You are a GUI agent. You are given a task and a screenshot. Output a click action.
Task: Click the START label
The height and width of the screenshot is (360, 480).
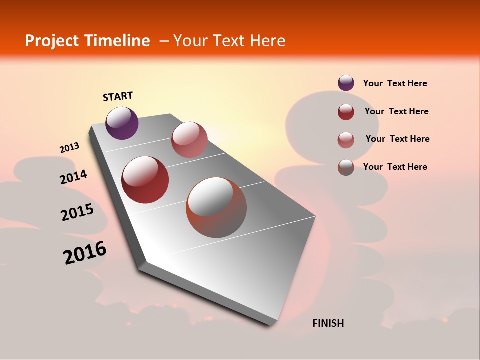coord(118,96)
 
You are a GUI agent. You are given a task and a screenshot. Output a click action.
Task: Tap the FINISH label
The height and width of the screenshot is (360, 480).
coord(328,323)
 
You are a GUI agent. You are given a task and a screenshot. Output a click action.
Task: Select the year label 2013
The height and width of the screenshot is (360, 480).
coord(70,148)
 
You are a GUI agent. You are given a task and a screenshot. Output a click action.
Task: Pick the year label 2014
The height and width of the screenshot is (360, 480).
coord(74,177)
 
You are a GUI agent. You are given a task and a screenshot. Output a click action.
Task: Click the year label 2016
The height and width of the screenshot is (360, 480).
coord(85,253)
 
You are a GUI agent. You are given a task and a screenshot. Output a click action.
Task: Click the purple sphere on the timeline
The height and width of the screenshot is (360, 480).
coord(122,123)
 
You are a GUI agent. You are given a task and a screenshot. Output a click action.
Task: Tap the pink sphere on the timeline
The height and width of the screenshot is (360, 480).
coord(189,140)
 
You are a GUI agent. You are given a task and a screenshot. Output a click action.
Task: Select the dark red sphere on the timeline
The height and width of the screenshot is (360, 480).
coord(145,180)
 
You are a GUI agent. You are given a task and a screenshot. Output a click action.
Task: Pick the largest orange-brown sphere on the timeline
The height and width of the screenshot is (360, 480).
coord(216,207)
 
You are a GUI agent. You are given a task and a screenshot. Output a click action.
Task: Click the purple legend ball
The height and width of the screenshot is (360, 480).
coord(346,83)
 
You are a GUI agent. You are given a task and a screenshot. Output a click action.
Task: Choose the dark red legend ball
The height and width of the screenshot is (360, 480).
coord(346,112)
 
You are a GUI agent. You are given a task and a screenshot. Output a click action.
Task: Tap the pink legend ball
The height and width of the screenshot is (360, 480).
coord(346,140)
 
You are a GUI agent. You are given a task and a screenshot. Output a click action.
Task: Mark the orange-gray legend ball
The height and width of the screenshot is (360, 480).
coord(346,167)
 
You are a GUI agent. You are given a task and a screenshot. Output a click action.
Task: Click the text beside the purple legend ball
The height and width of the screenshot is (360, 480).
coord(395,83)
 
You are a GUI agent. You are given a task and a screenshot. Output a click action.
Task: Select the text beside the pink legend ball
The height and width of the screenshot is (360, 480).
coord(397,139)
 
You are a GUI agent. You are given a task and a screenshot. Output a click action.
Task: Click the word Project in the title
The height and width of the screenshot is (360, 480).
coord(52,41)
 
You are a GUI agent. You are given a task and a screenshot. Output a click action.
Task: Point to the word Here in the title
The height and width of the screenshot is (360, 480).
coord(267,41)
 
